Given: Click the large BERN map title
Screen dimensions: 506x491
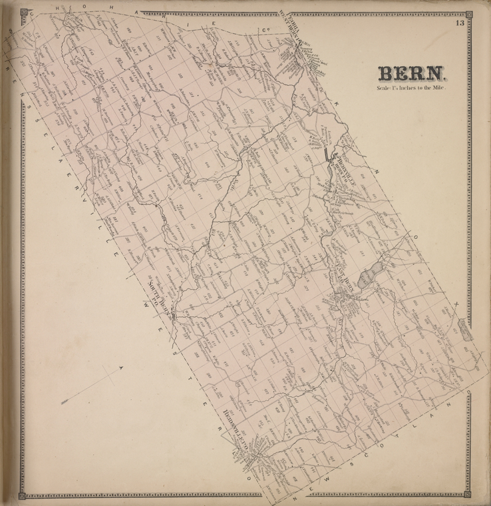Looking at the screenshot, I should (x=407, y=73).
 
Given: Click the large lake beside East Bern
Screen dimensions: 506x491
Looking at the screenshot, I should (x=367, y=277).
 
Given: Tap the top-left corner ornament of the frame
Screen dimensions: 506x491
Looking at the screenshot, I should (x=23, y=12).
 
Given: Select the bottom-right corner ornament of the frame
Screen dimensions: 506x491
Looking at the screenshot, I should (x=467, y=495).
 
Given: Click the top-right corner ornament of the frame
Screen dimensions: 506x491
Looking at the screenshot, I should (x=467, y=12).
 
